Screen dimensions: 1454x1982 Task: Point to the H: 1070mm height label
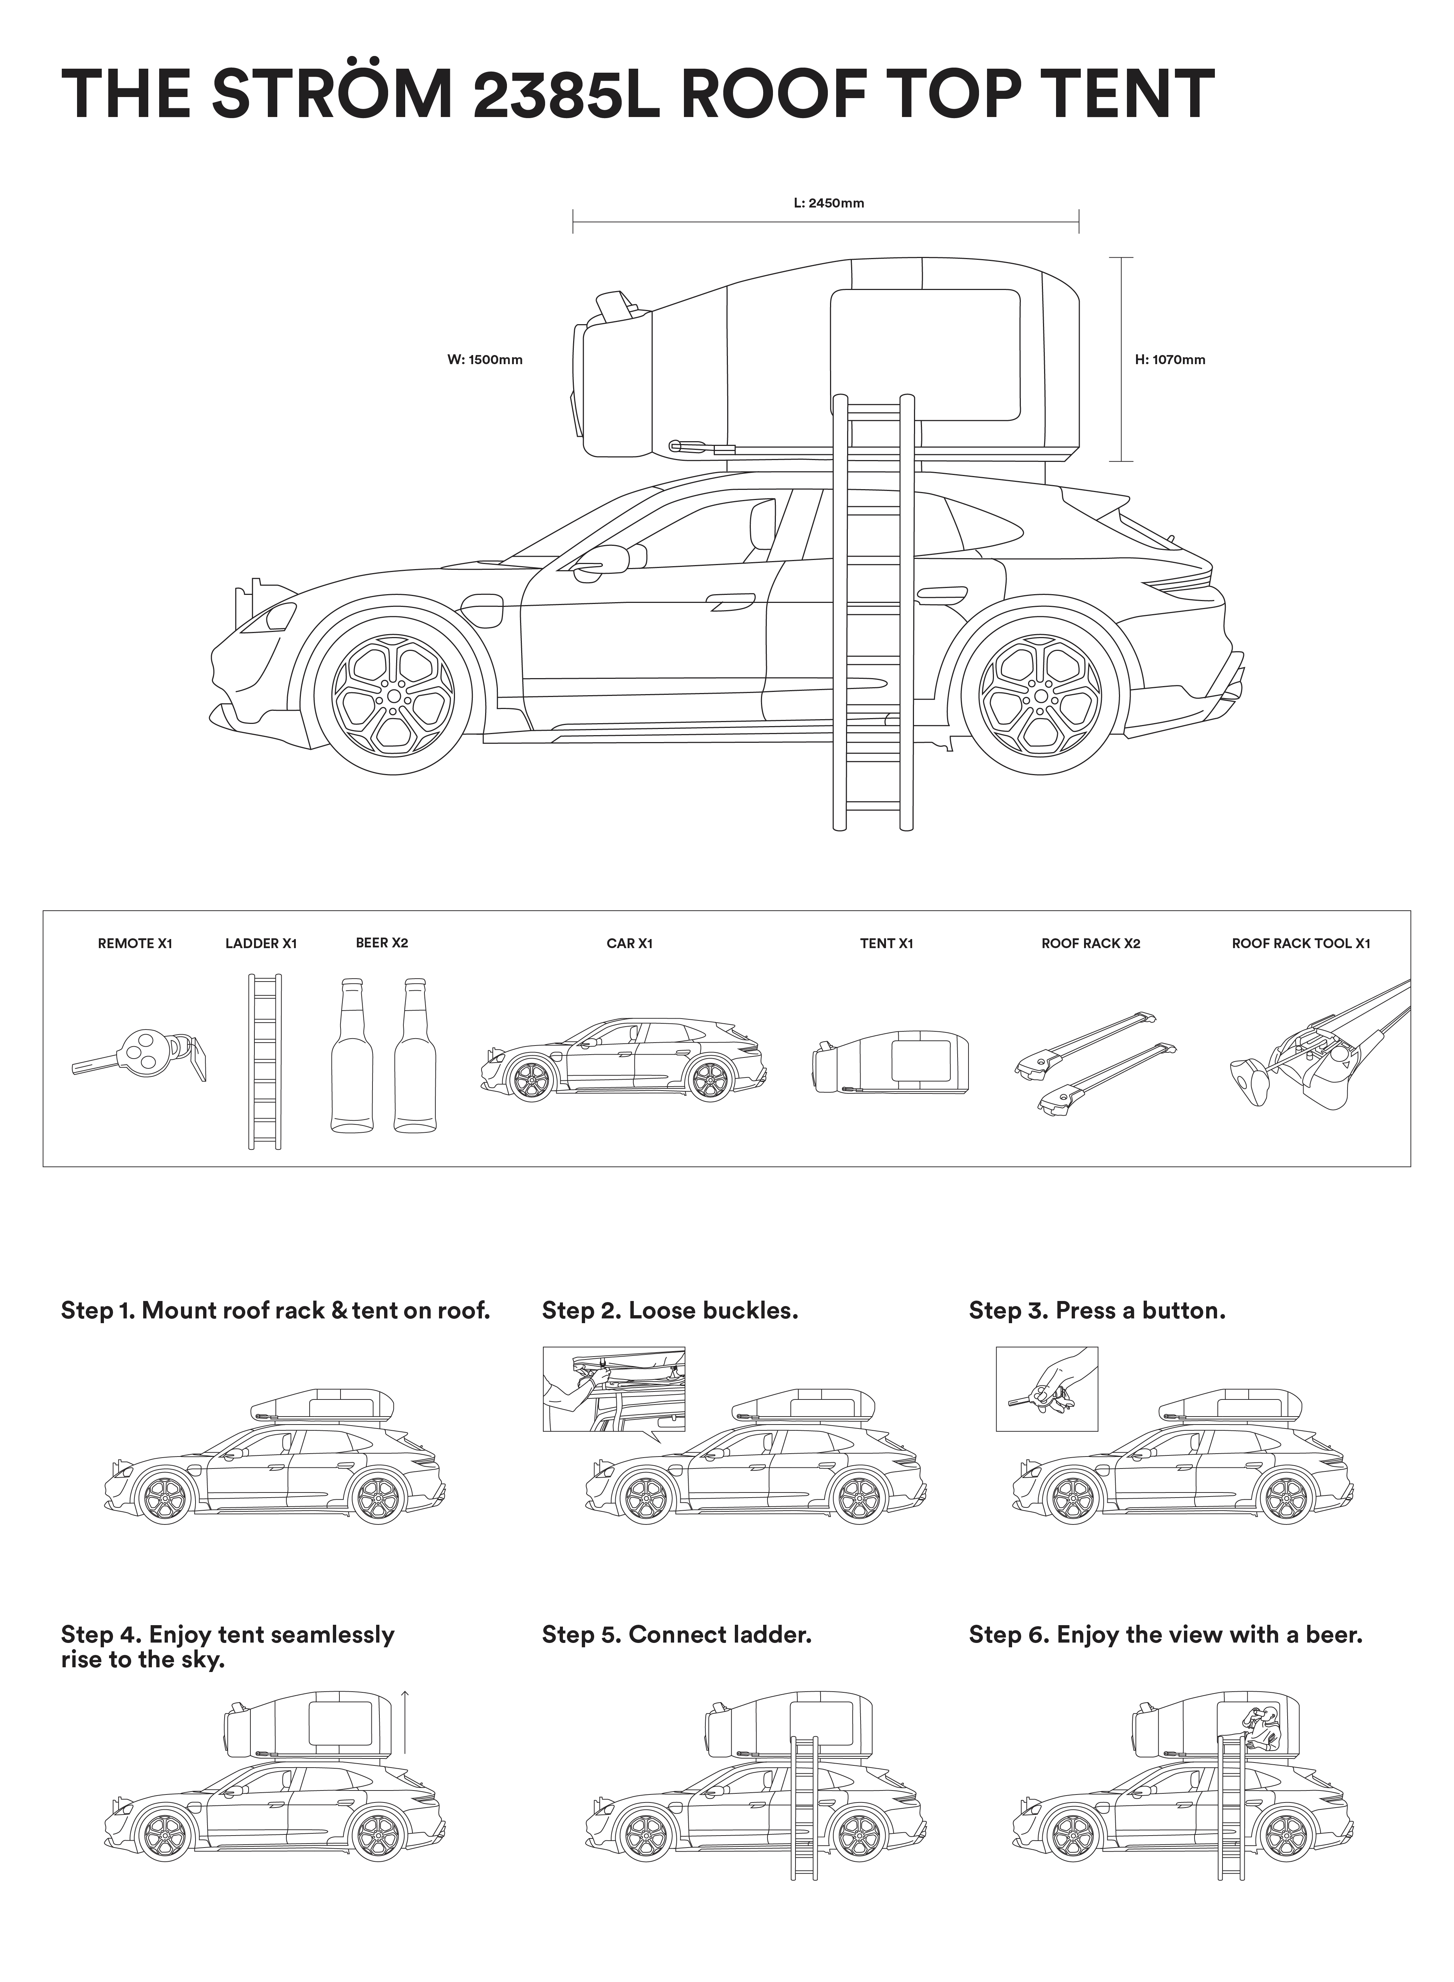tap(1170, 359)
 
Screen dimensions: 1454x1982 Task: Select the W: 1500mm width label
tap(485, 359)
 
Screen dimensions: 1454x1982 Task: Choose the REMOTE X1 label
tap(135, 943)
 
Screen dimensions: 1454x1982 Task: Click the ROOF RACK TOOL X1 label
tap(1301, 943)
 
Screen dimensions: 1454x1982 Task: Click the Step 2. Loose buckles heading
tap(670, 1310)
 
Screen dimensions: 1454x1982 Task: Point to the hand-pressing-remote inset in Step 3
tap(1047, 1389)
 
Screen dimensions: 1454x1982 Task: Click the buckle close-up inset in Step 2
tap(613, 1389)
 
